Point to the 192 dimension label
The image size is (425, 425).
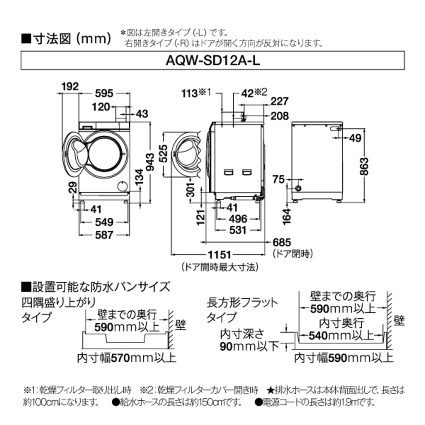pos(69,87)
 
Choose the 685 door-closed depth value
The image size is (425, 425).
pos(281,242)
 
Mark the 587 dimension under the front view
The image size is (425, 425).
pos(104,235)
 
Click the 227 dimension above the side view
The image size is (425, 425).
pos(280,101)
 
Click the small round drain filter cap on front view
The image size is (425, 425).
pos(122,186)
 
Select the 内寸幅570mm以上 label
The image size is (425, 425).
pos(126,357)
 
